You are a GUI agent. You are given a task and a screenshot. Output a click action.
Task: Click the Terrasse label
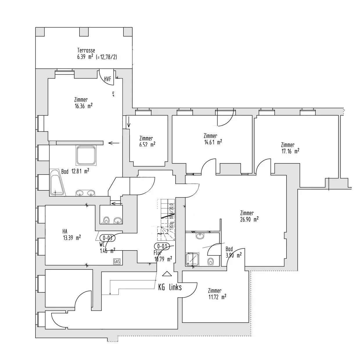(86, 51)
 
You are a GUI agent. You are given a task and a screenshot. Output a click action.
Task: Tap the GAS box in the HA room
(117, 261)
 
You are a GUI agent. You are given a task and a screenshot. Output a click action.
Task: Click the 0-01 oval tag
(162, 246)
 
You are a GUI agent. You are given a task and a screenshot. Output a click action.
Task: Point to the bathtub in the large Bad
(57, 182)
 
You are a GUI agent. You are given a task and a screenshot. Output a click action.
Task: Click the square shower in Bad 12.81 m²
(86, 155)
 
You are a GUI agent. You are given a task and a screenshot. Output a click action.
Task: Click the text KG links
(170, 287)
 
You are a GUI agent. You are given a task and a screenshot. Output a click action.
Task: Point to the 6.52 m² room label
(147, 145)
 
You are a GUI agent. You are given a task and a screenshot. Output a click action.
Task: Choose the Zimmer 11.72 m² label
(217, 294)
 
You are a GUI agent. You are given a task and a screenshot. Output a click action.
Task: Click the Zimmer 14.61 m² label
(213, 139)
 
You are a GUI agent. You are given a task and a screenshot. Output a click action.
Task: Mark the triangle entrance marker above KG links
(166, 274)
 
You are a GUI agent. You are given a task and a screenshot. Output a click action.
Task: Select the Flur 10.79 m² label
(162, 256)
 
